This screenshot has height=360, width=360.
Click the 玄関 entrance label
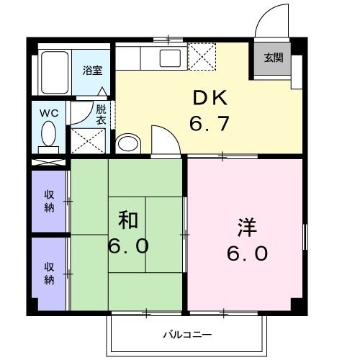coord(272,58)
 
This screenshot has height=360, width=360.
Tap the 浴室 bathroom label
coord(92,71)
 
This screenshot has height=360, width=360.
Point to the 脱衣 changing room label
coord(102,114)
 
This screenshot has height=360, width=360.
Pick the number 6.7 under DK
coord(210,124)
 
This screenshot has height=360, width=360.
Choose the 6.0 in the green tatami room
coord(130,246)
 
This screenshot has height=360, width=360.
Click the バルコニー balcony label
coord(186,335)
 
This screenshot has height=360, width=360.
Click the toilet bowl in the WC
coord(49,135)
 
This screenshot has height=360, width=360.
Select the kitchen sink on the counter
coord(171,56)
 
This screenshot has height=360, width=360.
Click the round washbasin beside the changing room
coord(128,143)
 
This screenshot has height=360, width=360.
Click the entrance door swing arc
coord(274,18)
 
